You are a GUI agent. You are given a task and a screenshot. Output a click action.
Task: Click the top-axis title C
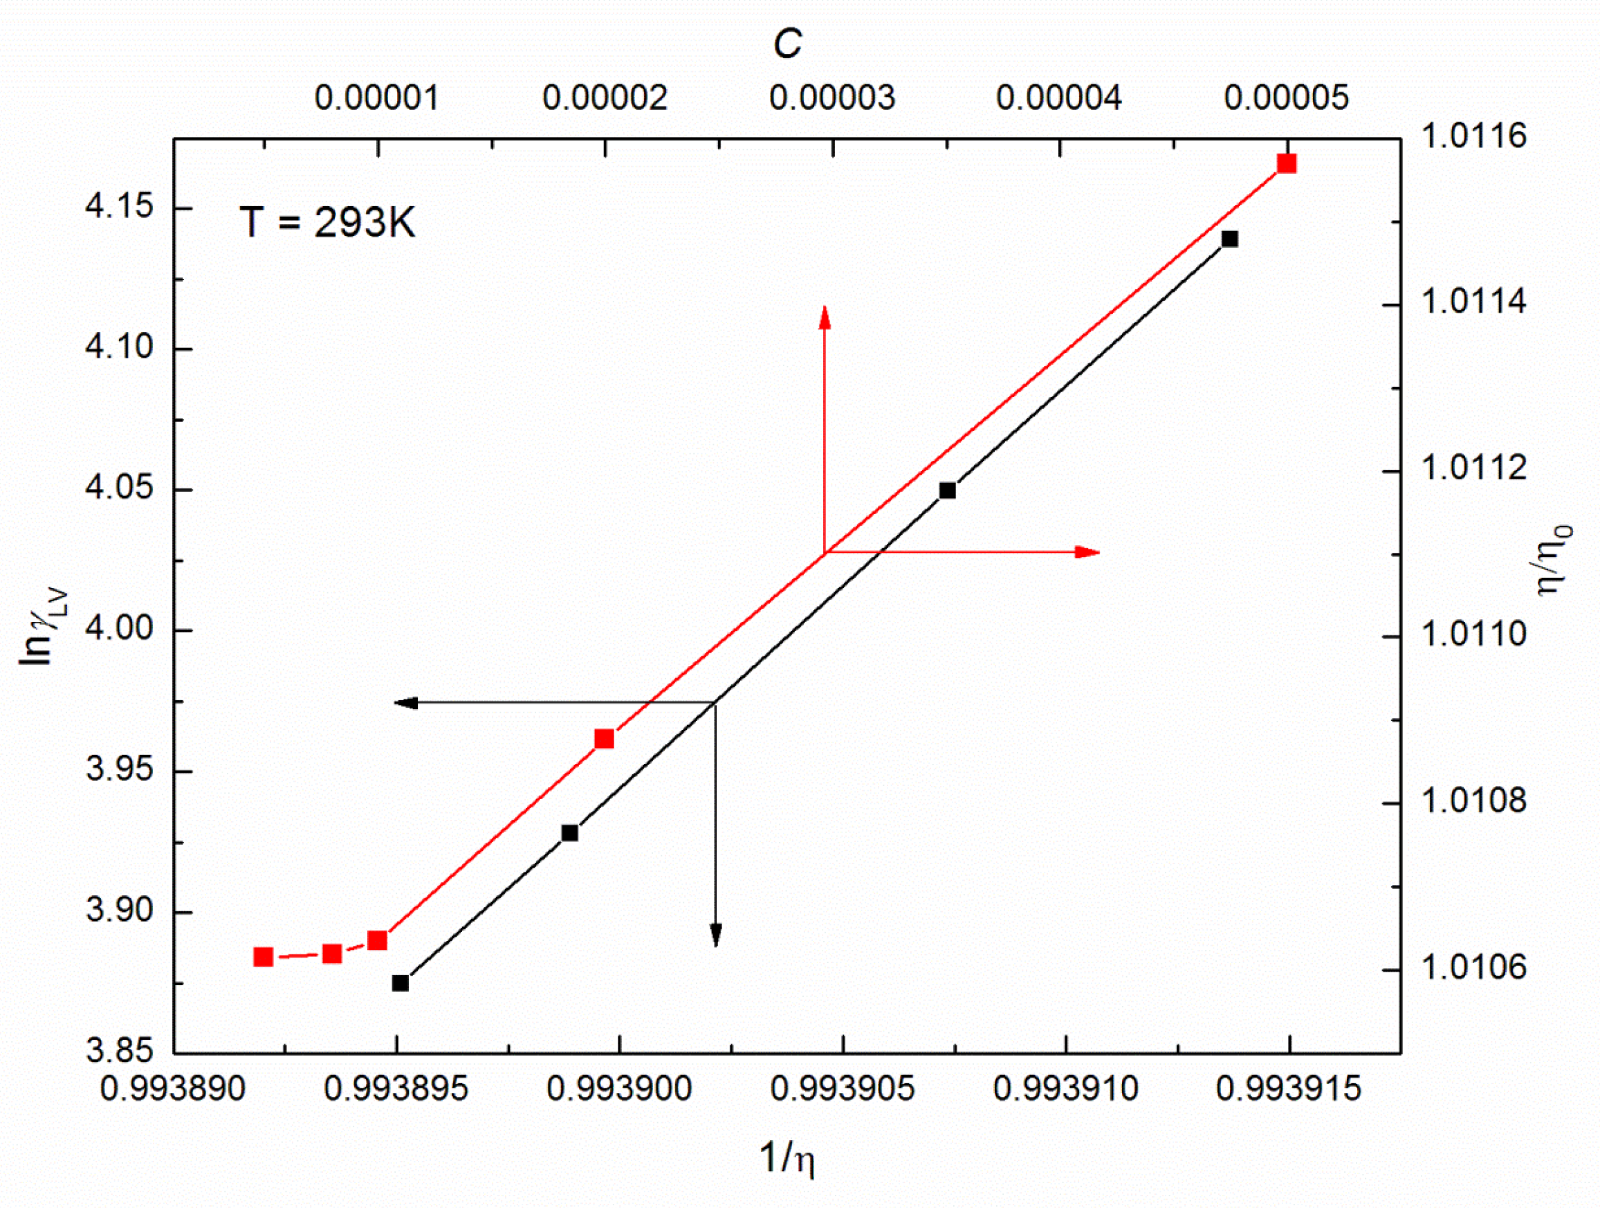(x=787, y=45)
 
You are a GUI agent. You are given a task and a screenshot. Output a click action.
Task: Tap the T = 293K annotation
(x=328, y=222)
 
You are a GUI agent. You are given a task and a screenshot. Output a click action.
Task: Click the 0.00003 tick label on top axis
(x=833, y=98)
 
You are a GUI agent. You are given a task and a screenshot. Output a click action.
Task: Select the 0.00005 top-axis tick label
(x=1286, y=98)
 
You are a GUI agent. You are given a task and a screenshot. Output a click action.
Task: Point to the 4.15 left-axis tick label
(x=120, y=206)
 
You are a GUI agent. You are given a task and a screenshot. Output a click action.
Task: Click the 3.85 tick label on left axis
(x=120, y=1050)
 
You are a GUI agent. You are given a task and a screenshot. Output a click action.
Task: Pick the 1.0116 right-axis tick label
(x=1473, y=136)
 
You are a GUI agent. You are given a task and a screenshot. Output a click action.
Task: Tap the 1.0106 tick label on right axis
(x=1473, y=967)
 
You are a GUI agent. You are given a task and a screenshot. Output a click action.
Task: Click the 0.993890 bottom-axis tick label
(x=173, y=1088)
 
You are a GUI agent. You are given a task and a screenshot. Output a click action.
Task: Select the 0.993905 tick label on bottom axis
(x=843, y=1088)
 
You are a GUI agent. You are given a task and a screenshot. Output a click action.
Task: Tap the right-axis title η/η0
(x=1555, y=560)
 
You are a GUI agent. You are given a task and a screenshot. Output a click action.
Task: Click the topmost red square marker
(x=1286, y=163)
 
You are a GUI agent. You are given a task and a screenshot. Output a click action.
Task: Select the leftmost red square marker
(x=264, y=957)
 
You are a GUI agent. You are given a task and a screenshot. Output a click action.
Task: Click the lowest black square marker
(x=401, y=983)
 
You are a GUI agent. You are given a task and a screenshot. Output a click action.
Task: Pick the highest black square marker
(x=1230, y=239)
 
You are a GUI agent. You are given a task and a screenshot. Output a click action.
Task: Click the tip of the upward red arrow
(x=825, y=308)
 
